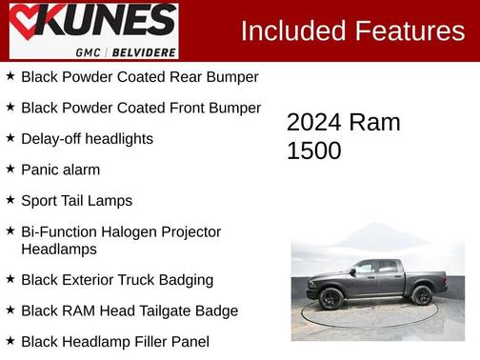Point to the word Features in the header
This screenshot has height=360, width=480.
[x=410, y=30]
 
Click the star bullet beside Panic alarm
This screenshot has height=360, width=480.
[x=10, y=169]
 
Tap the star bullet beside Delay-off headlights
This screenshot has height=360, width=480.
[x=10, y=137]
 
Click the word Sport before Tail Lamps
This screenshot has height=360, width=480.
[x=41, y=201]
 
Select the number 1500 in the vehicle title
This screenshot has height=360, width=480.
[x=313, y=150]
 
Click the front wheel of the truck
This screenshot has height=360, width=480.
[x=331, y=298]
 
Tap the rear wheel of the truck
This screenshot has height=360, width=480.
[x=422, y=294]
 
